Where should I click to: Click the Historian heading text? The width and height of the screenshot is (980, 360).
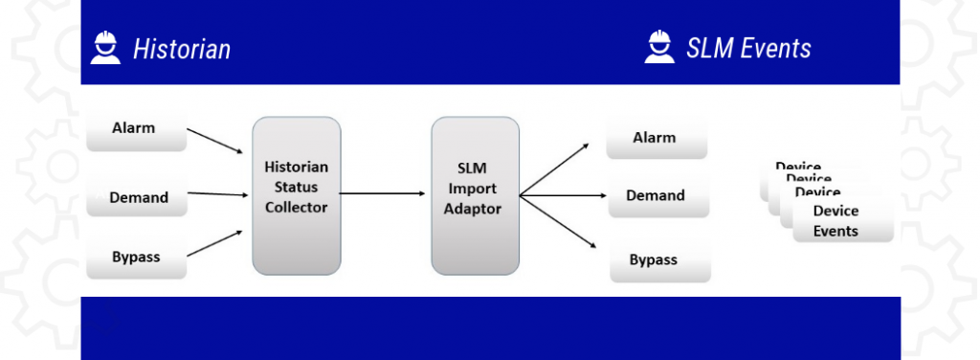coord(181,49)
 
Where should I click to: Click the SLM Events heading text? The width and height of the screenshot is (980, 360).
coord(748,48)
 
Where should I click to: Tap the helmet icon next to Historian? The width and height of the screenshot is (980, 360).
coord(105,48)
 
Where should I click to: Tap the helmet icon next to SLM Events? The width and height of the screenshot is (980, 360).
coord(657,47)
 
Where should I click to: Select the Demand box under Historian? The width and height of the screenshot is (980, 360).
coord(138,197)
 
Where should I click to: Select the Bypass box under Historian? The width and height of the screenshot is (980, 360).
coord(135,258)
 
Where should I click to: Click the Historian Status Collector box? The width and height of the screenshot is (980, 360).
coord(296,194)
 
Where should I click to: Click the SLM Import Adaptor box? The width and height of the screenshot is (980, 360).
coord(475,194)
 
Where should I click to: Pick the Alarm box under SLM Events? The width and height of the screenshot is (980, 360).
coord(656,139)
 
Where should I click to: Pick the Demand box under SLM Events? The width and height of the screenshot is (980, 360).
coord(657,196)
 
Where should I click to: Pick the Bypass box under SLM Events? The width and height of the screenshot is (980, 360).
coord(658,260)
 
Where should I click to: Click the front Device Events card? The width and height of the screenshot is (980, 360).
coord(841,221)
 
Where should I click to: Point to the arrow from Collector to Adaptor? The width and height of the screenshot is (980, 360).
coord(383,194)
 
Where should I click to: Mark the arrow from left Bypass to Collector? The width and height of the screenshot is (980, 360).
coord(214,243)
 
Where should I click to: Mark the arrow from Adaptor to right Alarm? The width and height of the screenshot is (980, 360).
coord(555,169)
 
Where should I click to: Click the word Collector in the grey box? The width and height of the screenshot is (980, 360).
coord(296,208)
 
